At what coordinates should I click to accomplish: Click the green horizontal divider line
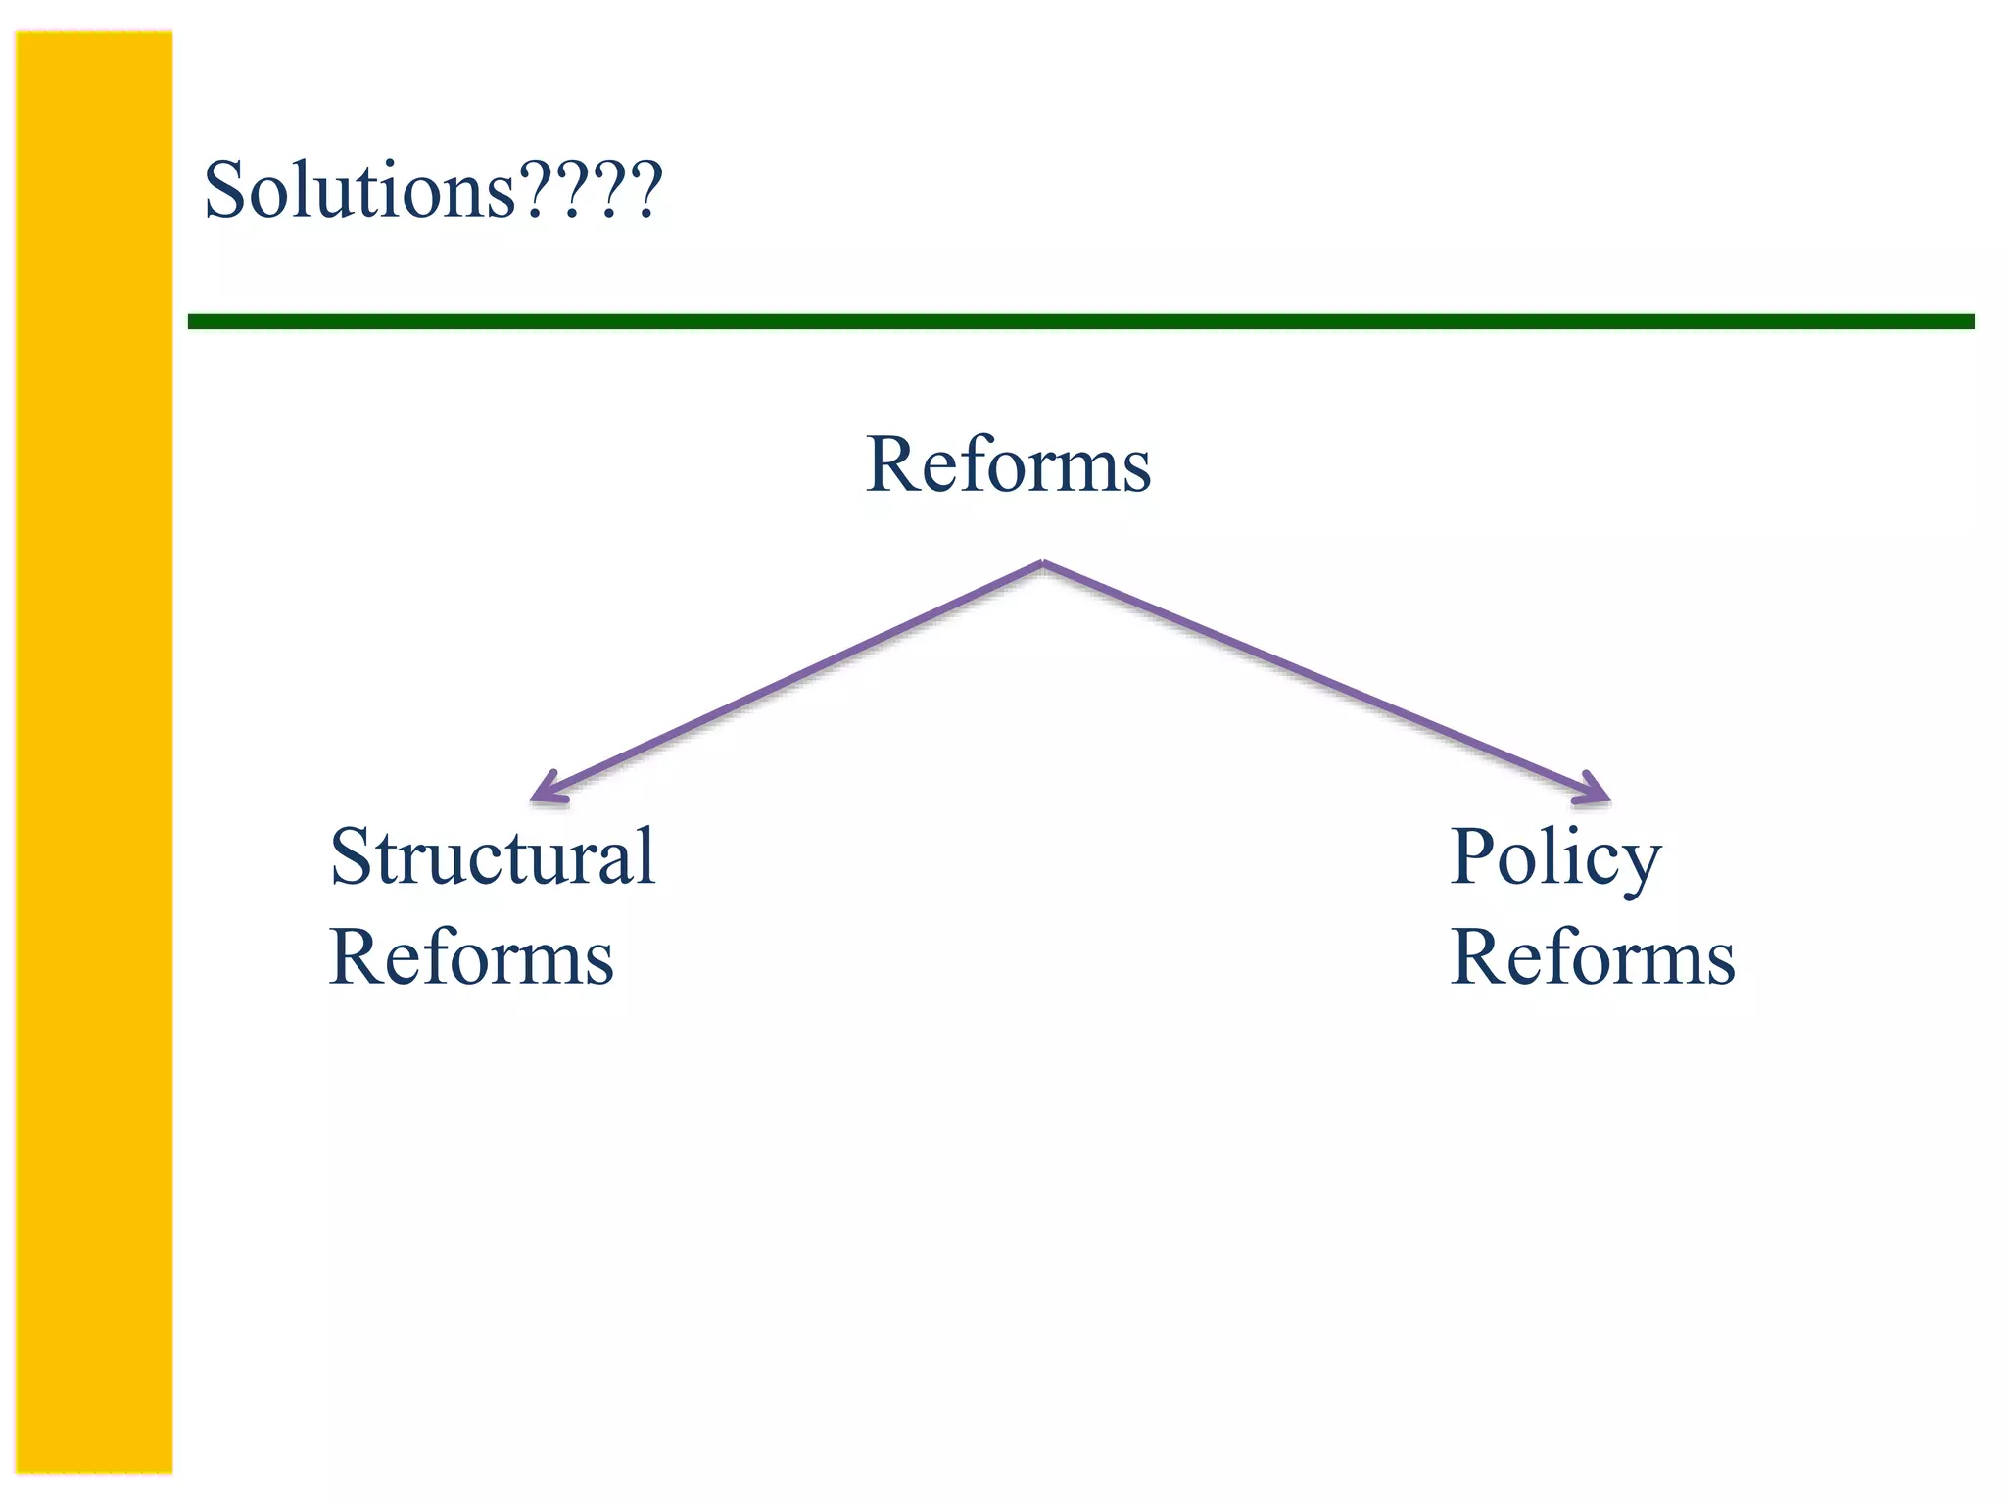click(x=1077, y=321)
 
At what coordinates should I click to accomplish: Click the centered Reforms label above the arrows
click(x=1009, y=464)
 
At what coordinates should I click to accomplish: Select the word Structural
click(x=493, y=856)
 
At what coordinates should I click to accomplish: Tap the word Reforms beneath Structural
click(x=472, y=957)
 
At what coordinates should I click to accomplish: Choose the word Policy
click(x=1555, y=858)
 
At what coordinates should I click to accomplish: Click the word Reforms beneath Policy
click(x=1593, y=957)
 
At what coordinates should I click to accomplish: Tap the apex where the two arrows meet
click(x=1043, y=563)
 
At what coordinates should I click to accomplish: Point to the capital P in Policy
click(x=1477, y=856)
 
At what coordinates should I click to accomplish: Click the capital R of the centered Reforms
click(x=893, y=464)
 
